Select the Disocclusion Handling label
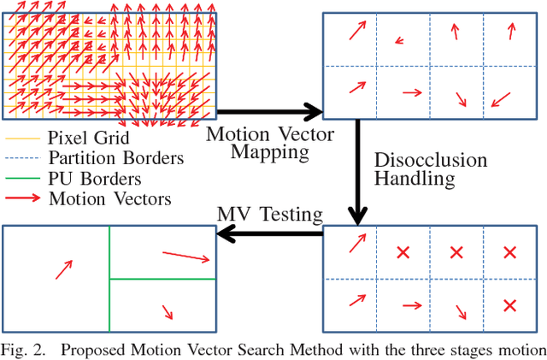[431, 169]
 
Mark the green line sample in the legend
[22, 180]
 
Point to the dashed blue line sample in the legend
[22, 159]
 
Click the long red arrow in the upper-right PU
[186, 256]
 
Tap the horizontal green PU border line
[163, 279]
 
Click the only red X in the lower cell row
[509, 304]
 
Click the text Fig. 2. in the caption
[26, 349]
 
